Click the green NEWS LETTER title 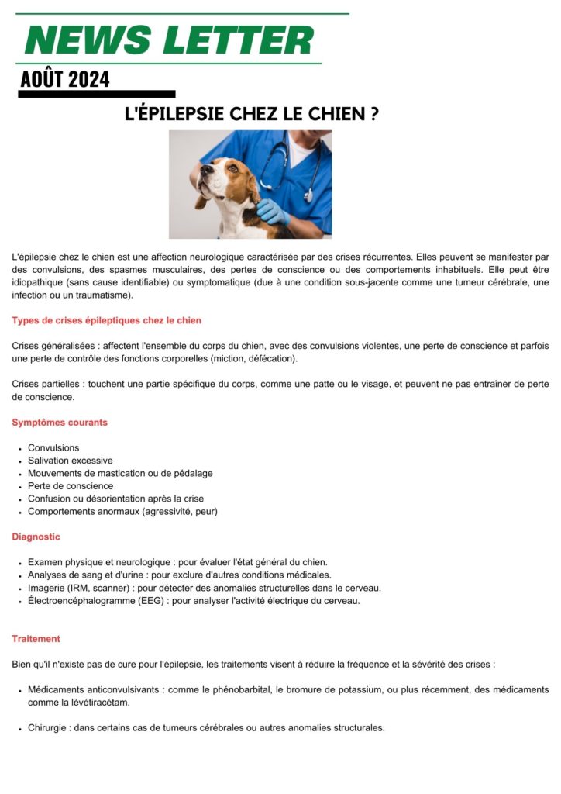(x=169, y=40)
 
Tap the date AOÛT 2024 (x=65, y=79)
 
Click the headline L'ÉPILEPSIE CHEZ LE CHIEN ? (x=252, y=113)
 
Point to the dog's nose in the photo (x=203, y=168)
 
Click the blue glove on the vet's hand (x=273, y=210)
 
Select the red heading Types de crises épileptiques (x=106, y=320)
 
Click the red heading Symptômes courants (x=60, y=423)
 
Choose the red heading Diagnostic (x=36, y=537)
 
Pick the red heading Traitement (x=36, y=639)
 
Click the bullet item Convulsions (x=53, y=448)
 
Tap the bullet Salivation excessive (x=70, y=461)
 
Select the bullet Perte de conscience (x=70, y=486)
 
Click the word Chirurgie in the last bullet (x=47, y=728)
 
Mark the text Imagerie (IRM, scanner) (x=80, y=588)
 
